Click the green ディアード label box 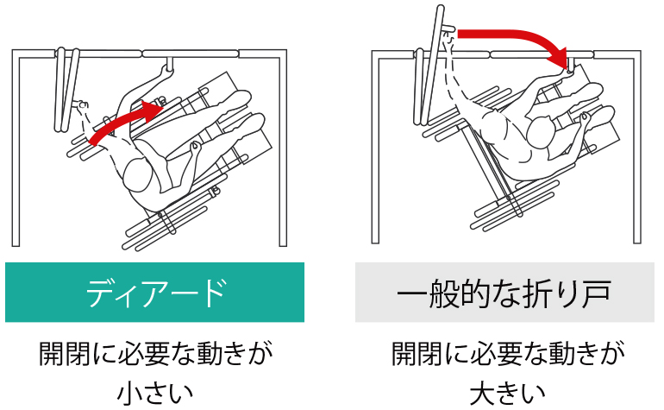pos(154,292)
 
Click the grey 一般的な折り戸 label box pos(504,292)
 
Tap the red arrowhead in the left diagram pos(152,110)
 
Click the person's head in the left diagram pos(138,174)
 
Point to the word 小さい pos(154,392)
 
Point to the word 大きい pos(507,392)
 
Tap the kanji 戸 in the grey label pos(596,293)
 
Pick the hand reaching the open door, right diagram pos(449,41)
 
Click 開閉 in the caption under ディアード pos(65,354)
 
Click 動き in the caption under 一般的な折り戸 pos(561,354)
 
